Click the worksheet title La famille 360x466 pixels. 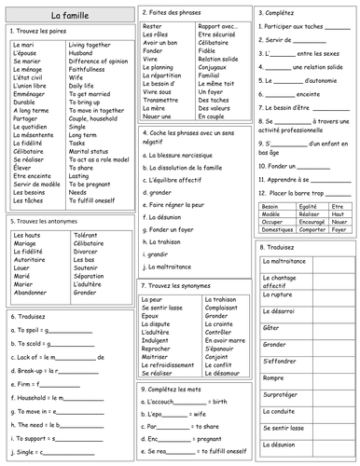tap(66, 16)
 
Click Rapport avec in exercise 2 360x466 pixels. tap(215, 27)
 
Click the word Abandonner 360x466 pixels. tap(31, 292)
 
